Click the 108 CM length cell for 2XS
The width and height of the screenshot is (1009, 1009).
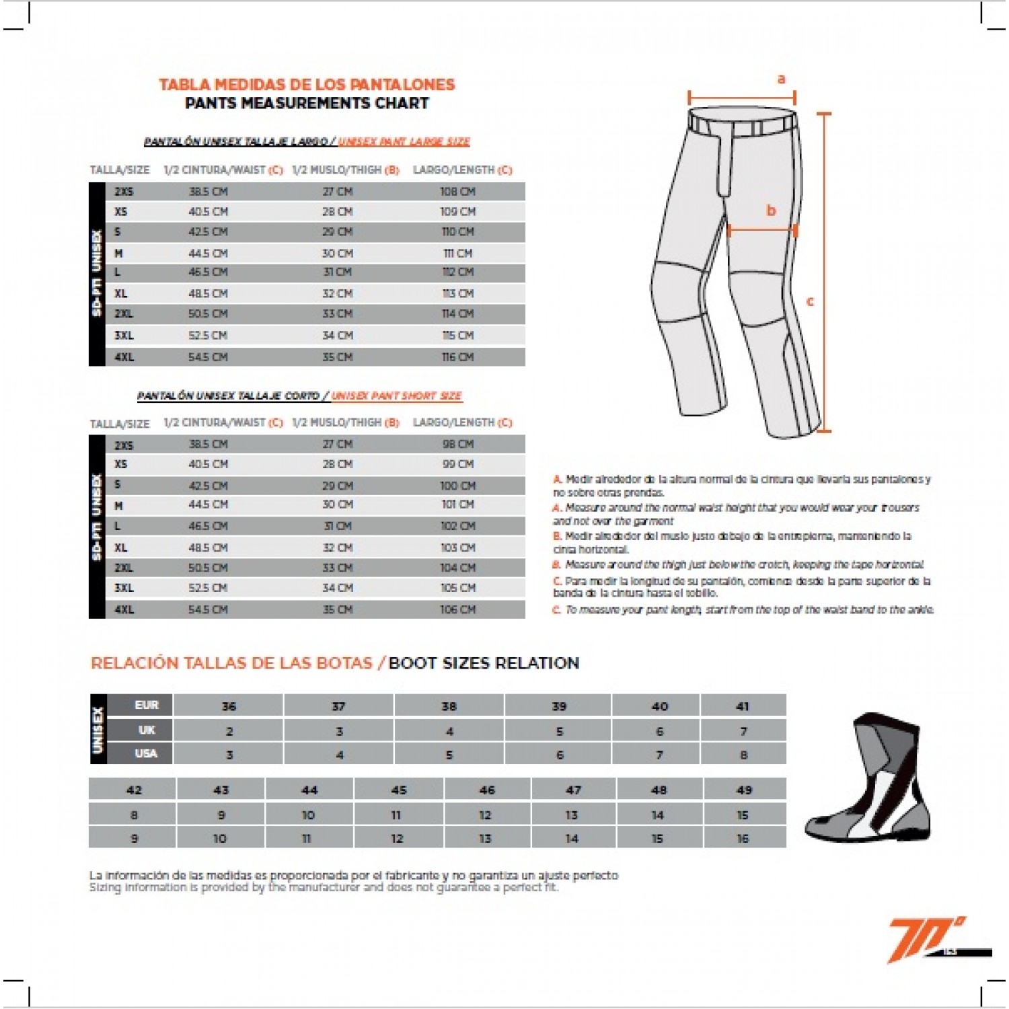457,192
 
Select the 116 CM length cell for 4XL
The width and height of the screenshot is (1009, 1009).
457,357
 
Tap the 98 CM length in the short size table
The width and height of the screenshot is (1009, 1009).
457,445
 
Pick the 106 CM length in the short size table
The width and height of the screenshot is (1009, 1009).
457,610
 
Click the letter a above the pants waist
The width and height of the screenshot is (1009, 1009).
781,79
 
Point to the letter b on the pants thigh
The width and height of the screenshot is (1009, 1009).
771,211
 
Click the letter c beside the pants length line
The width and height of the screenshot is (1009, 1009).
810,301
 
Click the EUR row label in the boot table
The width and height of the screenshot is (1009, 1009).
146,705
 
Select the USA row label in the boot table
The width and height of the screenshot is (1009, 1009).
146,753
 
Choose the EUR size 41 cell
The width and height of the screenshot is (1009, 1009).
743,706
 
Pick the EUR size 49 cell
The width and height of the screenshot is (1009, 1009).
744,790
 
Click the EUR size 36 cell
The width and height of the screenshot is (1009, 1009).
229,706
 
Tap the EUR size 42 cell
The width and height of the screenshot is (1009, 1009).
134,790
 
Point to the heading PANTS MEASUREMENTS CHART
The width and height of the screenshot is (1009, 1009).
307,104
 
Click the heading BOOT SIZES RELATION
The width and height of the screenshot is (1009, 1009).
484,663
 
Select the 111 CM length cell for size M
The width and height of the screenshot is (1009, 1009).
457,254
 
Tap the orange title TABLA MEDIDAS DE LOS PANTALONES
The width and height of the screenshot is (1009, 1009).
307,85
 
